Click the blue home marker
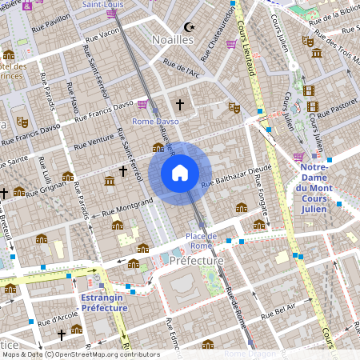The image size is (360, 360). point(180,173)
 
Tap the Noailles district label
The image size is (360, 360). point(173,38)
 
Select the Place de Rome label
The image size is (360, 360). point(201,241)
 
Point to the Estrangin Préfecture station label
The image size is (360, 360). point(104,302)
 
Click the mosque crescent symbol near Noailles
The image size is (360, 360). point(190,26)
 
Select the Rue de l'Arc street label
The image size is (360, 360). point(180,70)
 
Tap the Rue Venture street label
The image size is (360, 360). point(94,143)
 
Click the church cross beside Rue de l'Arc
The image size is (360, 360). point(180,104)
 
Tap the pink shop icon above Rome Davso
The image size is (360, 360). point(142,104)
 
